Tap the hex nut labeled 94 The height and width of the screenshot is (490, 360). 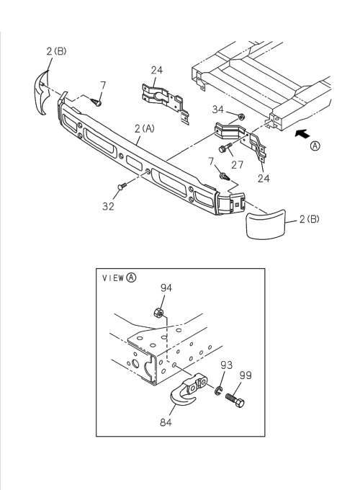coord(158,313)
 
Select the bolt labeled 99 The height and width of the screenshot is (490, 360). coord(235,400)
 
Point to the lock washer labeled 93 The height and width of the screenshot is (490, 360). coord(217,391)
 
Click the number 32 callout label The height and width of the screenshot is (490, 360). coord(108,206)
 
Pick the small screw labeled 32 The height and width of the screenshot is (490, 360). coord(122,186)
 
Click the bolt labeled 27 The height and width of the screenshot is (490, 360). coord(226,147)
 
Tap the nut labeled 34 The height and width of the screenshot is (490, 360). coord(240,117)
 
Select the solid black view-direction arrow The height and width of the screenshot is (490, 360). coord(302,134)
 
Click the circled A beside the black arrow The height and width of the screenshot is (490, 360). coord(315,146)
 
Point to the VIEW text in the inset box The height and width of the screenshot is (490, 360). coord(113,278)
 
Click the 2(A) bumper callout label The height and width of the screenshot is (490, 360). coord(145,128)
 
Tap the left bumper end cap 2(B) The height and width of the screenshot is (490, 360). coord(41,92)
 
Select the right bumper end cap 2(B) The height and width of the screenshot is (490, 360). coord(265,224)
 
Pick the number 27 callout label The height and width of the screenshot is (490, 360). coord(237,164)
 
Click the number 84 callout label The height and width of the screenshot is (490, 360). coord(166,422)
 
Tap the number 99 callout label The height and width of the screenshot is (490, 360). coord(246,375)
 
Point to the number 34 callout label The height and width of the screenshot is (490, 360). coord(218,110)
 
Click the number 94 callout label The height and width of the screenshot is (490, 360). coord(166,288)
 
